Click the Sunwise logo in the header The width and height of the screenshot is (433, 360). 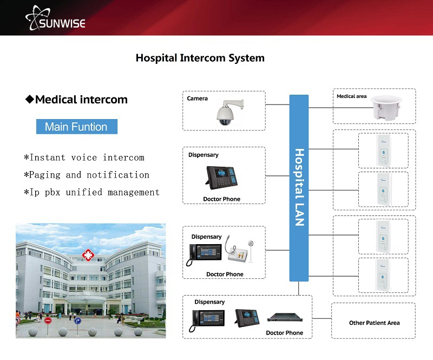(55, 17)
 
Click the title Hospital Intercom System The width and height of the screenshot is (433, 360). (200, 57)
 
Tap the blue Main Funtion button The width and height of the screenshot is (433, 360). (76, 127)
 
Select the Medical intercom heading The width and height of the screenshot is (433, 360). (76, 100)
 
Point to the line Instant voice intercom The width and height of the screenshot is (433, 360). (84, 158)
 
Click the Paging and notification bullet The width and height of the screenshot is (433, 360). (86, 175)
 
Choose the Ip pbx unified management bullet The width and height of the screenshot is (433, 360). (91, 192)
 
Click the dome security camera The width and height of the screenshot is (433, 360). (225, 112)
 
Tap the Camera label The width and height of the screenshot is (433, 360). (198, 99)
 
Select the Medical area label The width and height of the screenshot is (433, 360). (351, 96)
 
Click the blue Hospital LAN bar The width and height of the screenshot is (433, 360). (299, 187)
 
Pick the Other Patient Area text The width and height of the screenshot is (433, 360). (374, 323)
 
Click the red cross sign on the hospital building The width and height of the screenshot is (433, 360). (87, 255)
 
